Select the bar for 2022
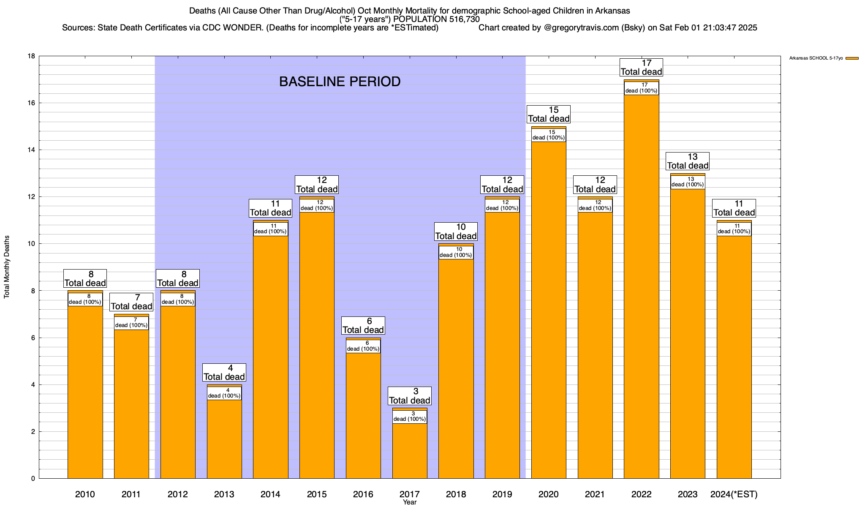[641, 287]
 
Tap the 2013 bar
[224, 439]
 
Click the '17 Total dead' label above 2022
[641, 68]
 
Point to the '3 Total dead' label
[410, 396]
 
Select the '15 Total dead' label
[549, 114]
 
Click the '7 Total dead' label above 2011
[131, 302]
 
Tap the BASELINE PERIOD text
[340, 82]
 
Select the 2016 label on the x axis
[363, 494]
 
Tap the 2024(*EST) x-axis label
[734, 494]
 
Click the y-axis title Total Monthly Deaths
[7, 267]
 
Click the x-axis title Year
[410, 502]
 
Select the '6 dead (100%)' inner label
[363, 346]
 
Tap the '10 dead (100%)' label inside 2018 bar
[456, 252]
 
